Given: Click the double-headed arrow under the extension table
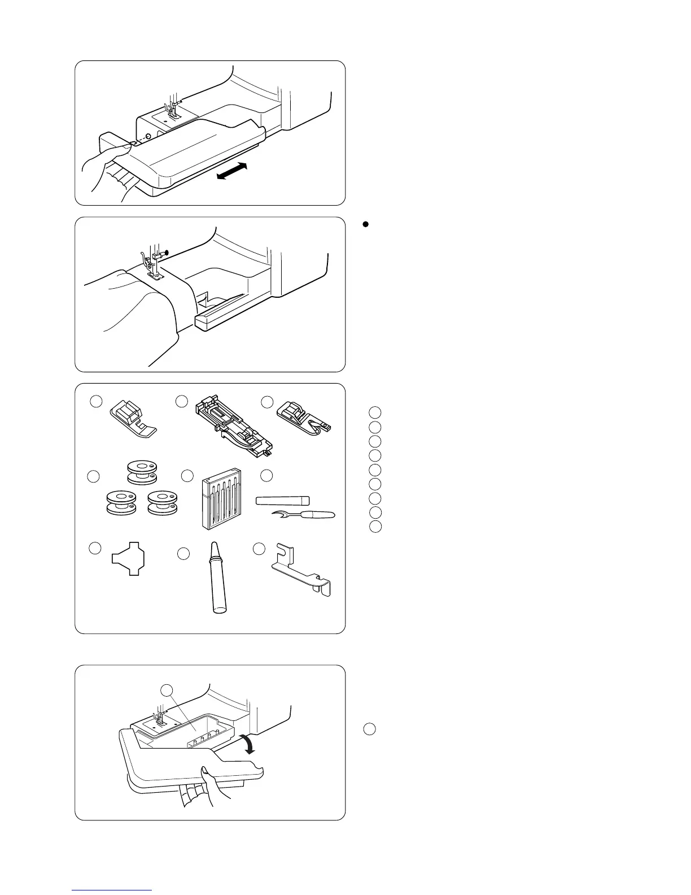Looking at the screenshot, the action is point(232,171).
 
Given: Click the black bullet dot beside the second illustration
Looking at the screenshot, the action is point(365,224).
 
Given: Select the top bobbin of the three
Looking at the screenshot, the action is point(142,472).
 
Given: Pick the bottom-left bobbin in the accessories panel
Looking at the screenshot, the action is point(121,502).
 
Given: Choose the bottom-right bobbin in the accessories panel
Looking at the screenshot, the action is point(161,502).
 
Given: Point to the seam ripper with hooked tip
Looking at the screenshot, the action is point(305,514).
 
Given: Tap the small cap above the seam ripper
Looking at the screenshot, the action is point(283,500).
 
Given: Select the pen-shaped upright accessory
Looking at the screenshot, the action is point(216,577).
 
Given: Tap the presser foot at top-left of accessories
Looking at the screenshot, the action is point(131,418).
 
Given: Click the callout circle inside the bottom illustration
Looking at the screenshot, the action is point(167,690).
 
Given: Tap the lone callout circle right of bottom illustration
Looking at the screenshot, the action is point(369,729).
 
